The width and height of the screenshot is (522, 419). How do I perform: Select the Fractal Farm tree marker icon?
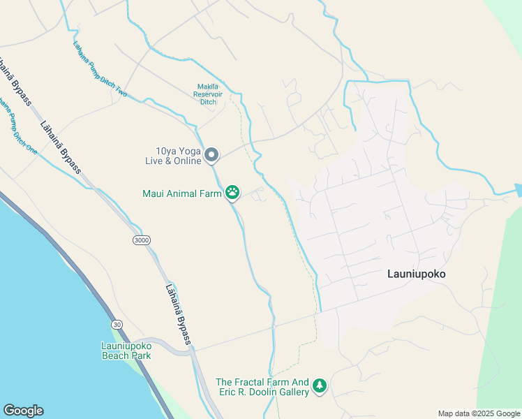320,386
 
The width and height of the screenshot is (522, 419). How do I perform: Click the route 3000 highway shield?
141,240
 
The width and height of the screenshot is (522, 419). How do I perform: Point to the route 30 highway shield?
117,324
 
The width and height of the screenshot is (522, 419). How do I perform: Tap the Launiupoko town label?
416,274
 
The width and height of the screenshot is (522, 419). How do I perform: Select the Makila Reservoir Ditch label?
209,94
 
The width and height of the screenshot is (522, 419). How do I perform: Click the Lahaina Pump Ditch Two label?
101,69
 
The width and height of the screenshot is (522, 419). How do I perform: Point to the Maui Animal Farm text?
181,193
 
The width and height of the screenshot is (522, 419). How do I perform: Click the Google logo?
23,411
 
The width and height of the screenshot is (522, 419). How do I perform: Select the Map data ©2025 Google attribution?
479,413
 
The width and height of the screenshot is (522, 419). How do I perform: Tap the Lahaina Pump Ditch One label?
19,126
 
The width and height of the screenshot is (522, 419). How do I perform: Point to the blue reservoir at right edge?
519,189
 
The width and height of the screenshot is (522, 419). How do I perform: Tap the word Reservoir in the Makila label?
208,94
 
